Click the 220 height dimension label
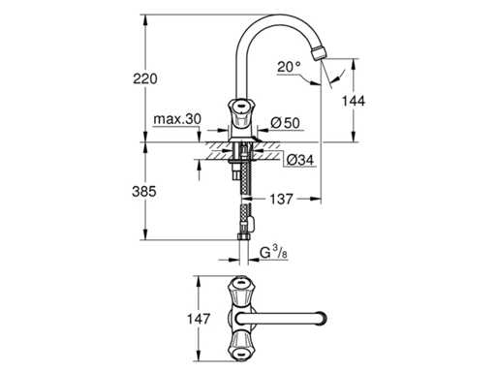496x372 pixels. coord(145,78)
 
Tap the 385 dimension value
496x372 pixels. coord(144,192)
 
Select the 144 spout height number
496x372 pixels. coord(354,101)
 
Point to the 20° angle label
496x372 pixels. coord(289,67)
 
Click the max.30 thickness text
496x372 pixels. coord(177,119)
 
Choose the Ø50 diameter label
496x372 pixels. coord(285,123)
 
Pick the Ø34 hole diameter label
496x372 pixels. coord(300,160)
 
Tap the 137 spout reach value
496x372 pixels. coord(281,200)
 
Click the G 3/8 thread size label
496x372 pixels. coord(273,252)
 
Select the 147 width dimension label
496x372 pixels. coord(199,319)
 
